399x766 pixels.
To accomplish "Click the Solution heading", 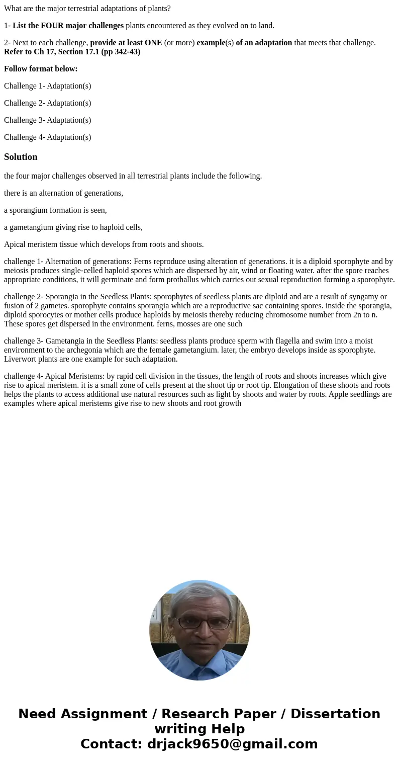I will pos(21,157).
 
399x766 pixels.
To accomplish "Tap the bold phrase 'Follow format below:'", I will pos(41,69).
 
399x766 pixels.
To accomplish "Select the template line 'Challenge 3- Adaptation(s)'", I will pos(47,120).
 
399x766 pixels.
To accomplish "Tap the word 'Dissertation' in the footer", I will pos(335,714).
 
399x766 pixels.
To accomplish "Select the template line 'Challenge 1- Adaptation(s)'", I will pos(47,86).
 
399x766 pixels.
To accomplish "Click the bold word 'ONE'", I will pos(151,43).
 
